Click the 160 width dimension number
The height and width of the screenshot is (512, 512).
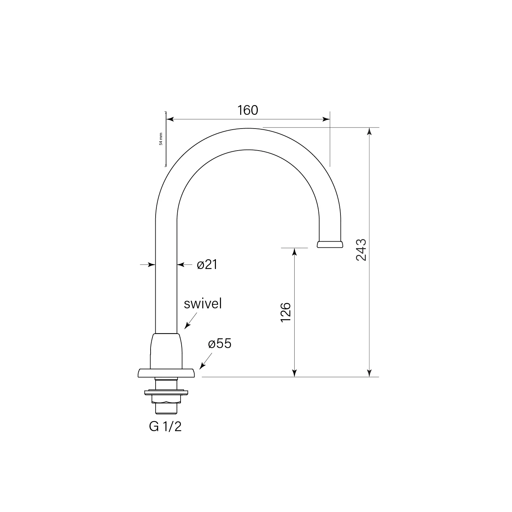248,110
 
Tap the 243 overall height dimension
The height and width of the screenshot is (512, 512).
361,250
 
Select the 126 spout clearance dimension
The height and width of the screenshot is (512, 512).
286,312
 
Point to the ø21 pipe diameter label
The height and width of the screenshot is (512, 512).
207,265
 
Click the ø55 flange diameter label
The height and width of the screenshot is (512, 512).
220,343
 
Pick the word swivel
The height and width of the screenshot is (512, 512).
203,304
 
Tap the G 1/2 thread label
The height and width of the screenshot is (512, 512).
165,427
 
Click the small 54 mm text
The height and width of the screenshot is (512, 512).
161,139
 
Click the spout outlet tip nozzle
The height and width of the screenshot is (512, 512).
330,244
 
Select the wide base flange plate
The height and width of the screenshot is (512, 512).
166,373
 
